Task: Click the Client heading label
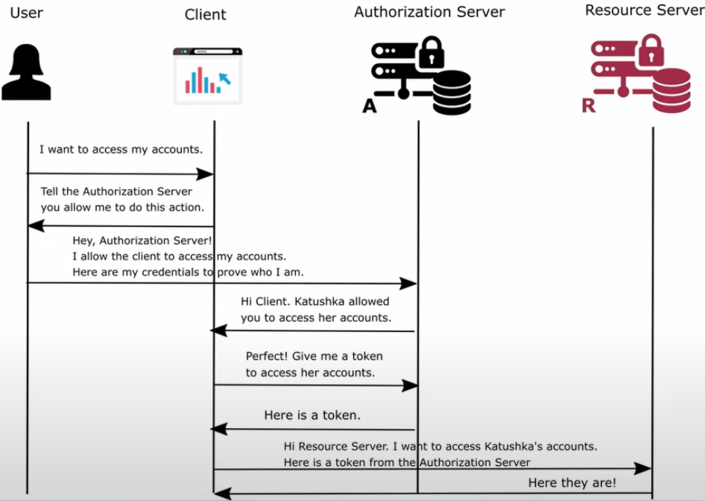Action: pos(205,15)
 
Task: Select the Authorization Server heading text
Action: pos(429,12)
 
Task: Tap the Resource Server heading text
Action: pos(644,10)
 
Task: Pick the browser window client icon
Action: pos(207,75)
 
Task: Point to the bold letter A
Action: pos(370,106)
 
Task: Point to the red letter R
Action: pos(589,106)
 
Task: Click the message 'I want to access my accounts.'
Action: pos(121,150)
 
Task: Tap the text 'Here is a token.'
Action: pos(312,415)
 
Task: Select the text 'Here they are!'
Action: pos(572,482)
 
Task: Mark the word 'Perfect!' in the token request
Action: pos(267,357)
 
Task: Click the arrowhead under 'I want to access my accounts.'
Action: pos(206,174)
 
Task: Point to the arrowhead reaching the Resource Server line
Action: pos(643,468)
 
